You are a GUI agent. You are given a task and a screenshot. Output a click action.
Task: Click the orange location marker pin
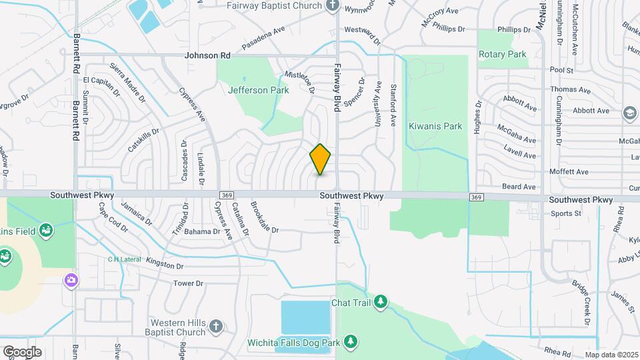(x=321, y=159)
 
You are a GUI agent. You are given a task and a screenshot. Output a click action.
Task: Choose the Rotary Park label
(x=503, y=55)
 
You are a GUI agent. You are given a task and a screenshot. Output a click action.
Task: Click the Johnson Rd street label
(x=208, y=55)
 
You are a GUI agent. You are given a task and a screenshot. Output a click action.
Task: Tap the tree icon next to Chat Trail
(x=381, y=303)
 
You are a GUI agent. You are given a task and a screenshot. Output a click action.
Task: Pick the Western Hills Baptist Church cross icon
(x=215, y=327)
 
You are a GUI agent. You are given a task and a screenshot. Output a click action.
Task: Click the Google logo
(x=22, y=351)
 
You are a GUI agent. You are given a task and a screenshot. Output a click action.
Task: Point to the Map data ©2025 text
(x=611, y=355)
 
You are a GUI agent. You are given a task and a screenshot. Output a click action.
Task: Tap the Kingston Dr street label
(x=165, y=266)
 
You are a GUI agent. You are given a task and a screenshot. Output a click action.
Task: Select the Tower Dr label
(x=188, y=283)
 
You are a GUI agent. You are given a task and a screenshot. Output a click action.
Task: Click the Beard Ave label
(x=519, y=187)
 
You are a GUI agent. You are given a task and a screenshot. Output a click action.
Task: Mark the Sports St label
(x=566, y=214)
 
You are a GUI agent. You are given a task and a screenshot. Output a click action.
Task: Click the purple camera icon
(x=71, y=280)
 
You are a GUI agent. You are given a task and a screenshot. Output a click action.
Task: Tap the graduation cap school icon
(x=629, y=114)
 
